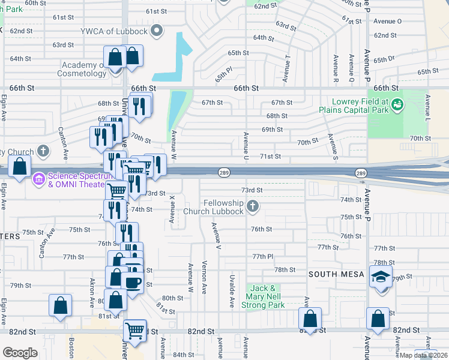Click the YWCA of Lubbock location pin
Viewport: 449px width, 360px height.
158,31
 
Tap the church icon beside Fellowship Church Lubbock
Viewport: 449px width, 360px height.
253,207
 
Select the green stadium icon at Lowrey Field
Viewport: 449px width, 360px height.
396,106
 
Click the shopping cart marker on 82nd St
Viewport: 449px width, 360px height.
135,330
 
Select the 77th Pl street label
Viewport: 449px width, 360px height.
262,256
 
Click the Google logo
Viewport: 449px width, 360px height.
20,352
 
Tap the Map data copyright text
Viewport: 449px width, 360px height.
423,355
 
